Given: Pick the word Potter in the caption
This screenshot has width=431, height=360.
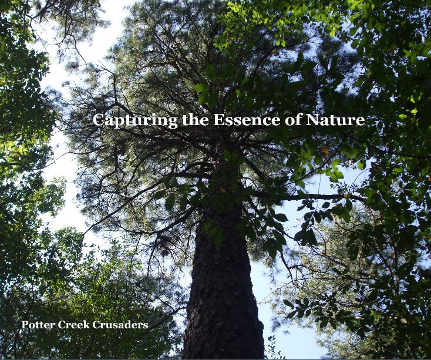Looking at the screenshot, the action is [x=38, y=325].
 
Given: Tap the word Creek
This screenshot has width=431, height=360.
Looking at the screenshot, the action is [x=73, y=325].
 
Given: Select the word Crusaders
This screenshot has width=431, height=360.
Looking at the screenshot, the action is [x=120, y=325].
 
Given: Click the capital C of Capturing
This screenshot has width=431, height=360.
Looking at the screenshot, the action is [x=98, y=120].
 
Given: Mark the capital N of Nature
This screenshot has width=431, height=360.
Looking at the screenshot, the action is [x=311, y=120].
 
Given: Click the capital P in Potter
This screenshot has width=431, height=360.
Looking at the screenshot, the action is [x=25, y=325].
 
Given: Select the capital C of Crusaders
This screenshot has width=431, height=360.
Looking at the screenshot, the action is [x=96, y=325].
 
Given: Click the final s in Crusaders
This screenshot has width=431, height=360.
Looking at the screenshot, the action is [x=146, y=326].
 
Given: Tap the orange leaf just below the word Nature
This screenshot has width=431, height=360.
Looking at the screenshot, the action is [x=325, y=151].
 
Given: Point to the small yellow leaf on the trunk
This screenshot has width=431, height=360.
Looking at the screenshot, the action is [x=222, y=190].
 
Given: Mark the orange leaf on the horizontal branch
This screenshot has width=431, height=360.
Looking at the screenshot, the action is [x=345, y=196].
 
